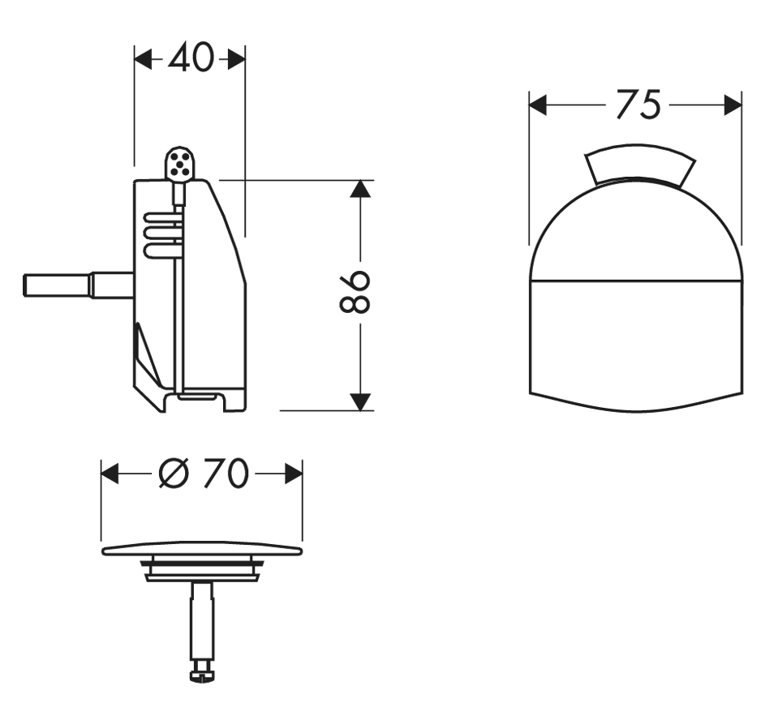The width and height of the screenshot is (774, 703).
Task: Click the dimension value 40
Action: coord(191,58)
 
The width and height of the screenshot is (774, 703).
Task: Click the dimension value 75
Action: coord(639,105)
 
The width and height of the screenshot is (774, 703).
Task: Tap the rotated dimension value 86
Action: coord(355,292)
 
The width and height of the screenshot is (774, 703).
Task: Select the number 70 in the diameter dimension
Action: coord(226,474)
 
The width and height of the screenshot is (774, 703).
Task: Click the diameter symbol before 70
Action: coord(174,474)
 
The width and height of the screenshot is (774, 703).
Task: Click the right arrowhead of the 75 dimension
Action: coord(733,105)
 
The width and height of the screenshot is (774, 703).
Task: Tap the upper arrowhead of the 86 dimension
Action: coord(360,189)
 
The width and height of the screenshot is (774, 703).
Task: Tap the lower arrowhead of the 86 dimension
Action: coord(360,401)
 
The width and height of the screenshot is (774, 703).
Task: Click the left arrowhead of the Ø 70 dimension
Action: coord(110,474)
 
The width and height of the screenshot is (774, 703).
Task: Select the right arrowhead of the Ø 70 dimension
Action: coord(294,474)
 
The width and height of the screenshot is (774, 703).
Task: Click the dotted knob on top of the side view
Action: coord(179,163)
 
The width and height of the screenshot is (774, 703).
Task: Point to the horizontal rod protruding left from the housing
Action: coord(78,285)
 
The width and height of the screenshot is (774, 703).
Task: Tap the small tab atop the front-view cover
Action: coord(640,165)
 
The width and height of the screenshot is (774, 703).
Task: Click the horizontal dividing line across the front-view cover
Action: coord(636,281)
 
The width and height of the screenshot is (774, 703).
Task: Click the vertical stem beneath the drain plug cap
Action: coord(203,623)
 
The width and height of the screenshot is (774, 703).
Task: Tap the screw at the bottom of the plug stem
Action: coord(203,673)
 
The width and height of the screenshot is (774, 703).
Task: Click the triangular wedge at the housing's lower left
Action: coord(148,354)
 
